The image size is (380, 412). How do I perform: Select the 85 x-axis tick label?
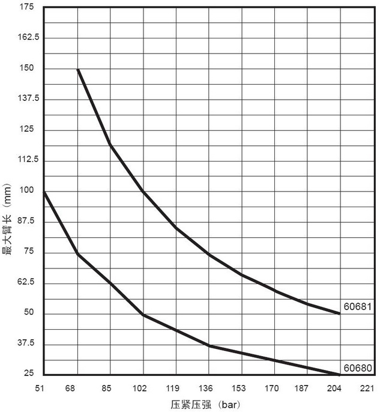[x=110, y=387]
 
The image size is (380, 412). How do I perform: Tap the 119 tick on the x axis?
[x=175, y=387]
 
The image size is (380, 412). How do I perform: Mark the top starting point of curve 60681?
[x=78, y=70]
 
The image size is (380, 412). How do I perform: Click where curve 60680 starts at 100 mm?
[x=45, y=192]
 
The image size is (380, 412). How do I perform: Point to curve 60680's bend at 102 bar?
[x=143, y=314]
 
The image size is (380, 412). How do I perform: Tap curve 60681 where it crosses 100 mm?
[x=143, y=192]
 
